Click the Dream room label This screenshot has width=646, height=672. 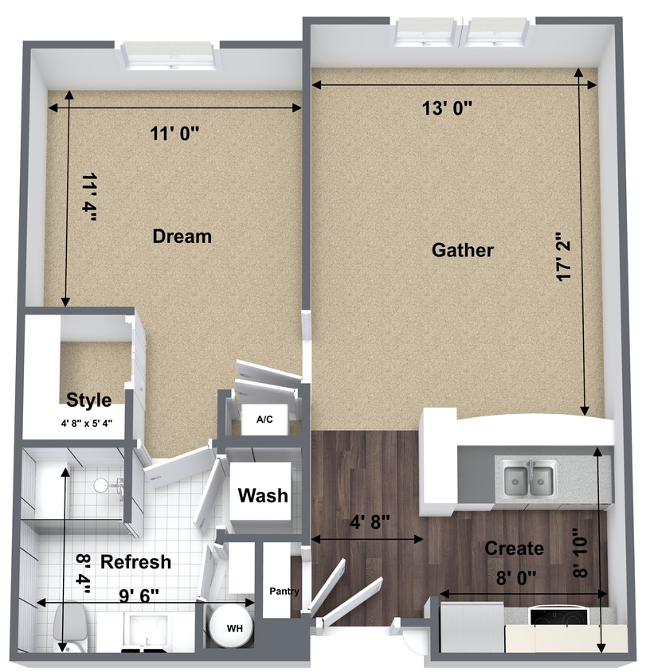pos(182,236)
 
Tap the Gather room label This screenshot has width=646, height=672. pos(462,250)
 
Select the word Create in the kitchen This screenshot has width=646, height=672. pos(514,549)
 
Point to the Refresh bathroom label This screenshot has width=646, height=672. pos(135,562)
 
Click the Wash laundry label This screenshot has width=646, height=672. pos(263,496)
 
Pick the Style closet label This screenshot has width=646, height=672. pos(88,400)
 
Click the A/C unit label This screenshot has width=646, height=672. pos(264,420)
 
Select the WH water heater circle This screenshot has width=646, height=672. pos(234,628)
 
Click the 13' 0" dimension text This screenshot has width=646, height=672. pos(448,109)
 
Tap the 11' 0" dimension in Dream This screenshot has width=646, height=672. pos(174,134)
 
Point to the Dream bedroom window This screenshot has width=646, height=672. pos(170,57)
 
